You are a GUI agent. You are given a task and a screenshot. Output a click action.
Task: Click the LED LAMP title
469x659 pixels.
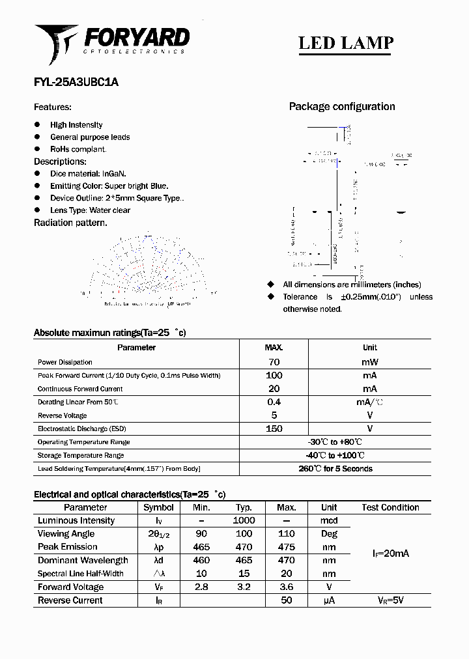point(346,43)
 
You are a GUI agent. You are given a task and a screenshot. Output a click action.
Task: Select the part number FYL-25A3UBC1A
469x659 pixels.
point(76,83)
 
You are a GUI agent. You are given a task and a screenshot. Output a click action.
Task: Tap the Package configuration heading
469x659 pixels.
point(342,107)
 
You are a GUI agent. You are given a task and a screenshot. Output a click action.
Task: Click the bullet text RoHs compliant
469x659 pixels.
point(78,149)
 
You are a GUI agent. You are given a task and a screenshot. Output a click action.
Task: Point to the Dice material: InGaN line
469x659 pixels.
point(88,174)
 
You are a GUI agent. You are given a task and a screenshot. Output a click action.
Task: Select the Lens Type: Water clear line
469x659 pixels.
point(90,210)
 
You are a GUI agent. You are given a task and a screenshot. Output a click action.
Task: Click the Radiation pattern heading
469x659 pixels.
point(70,223)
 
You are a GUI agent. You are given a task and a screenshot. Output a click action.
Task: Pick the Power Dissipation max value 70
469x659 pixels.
point(274,362)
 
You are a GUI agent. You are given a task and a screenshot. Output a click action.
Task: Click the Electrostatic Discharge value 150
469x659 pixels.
point(274,428)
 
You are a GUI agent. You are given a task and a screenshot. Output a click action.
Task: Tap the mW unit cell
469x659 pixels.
point(369,362)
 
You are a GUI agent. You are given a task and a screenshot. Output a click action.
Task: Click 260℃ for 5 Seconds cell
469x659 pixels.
point(335,469)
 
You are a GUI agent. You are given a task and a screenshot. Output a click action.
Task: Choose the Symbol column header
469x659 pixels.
point(158,507)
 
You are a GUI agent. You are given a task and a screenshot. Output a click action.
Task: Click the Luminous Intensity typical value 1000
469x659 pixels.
point(244,521)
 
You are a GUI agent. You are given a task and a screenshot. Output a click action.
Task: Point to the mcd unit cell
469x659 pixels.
point(329,521)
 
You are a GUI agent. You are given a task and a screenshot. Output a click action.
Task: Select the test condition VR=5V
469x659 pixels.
point(390,600)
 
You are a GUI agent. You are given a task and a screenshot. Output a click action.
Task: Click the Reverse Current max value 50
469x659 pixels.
point(286,600)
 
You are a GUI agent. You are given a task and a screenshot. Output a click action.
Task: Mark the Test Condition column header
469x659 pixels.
point(390,507)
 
